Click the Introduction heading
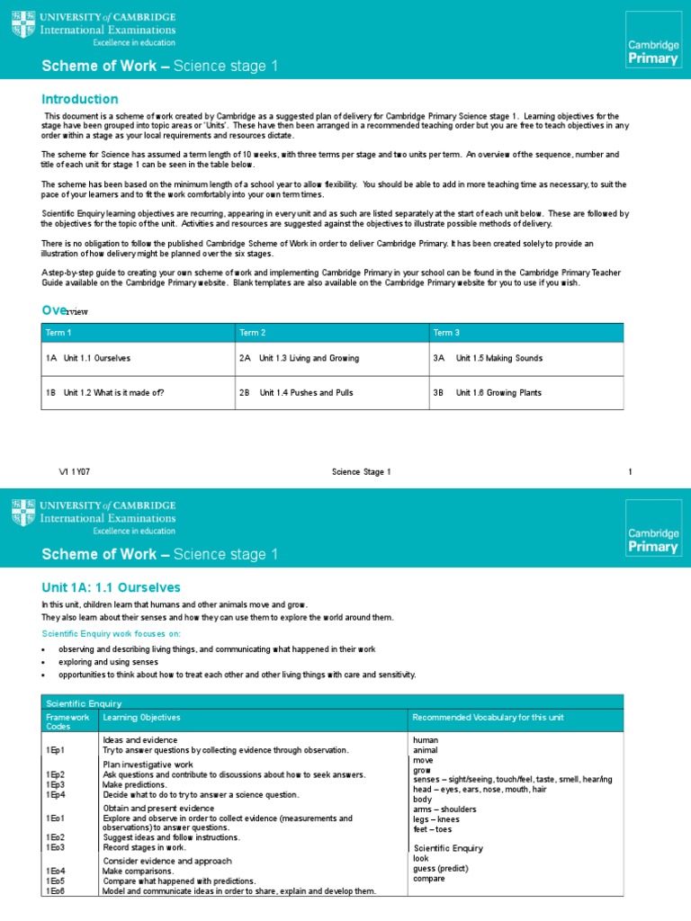pyautogui.click(x=80, y=99)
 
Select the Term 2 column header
pyautogui.click(x=252, y=333)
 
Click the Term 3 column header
pyautogui.click(x=446, y=333)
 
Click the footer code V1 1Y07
pyautogui.click(x=76, y=472)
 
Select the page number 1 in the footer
pyautogui.click(x=630, y=472)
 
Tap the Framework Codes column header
pyautogui.click(x=67, y=721)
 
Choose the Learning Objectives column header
pyautogui.click(x=141, y=717)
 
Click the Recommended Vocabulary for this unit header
pyautogui.click(x=487, y=717)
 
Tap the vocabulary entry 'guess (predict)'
pyautogui.click(x=441, y=868)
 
